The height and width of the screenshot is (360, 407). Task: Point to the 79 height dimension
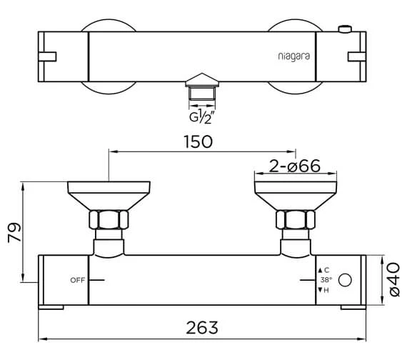point(15,234)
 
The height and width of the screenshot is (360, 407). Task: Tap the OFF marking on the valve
point(78,279)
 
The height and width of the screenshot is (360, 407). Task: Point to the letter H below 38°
point(326,290)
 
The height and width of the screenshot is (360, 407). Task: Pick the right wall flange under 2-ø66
point(294,193)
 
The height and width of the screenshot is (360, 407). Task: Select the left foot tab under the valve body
point(51,309)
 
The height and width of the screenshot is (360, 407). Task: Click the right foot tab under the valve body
point(352,309)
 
